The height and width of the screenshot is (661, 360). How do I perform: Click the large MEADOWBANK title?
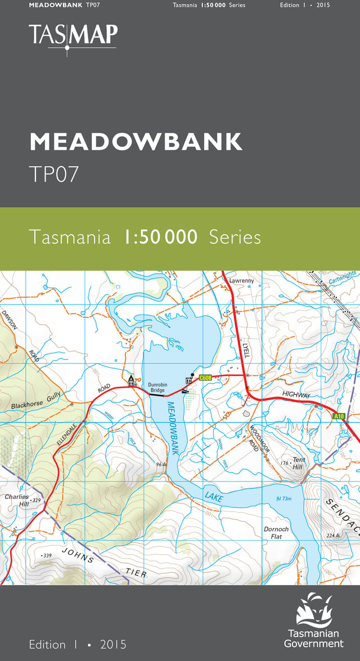pyautogui.click(x=136, y=142)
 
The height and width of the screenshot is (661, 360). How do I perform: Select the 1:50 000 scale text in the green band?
pyautogui.click(x=160, y=237)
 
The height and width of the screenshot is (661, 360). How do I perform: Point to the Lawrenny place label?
pyautogui.click(x=241, y=280)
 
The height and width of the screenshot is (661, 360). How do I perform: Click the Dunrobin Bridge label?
pyautogui.click(x=157, y=388)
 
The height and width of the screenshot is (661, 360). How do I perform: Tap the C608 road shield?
pyautogui.click(x=205, y=377)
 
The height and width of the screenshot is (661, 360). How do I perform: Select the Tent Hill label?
pyautogui.click(x=298, y=463)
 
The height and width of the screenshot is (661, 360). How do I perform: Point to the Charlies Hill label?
pyautogui.click(x=17, y=500)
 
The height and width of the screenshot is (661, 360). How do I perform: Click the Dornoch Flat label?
pyautogui.click(x=276, y=533)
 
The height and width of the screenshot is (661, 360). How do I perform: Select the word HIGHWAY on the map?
pyautogui.click(x=296, y=395)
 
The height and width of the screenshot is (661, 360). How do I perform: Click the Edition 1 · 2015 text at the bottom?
pyautogui.click(x=78, y=644)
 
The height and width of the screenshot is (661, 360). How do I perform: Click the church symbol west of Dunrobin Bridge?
pyautogui.click(x=131, y=380)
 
